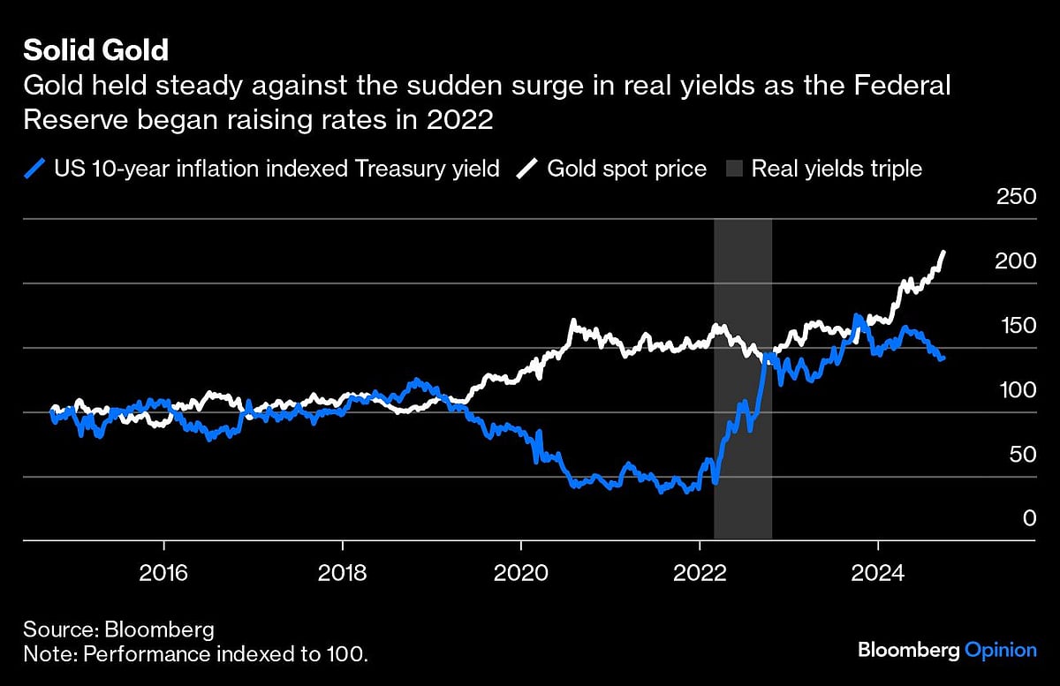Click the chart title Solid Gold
(95, 49)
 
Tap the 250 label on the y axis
(1016, 197)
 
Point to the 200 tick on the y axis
(1016, 261)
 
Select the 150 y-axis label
(1016, 326)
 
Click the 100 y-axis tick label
(1016, 390)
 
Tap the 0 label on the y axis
(1028, 518)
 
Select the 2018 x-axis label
(343, 571)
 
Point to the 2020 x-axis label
(521, 571)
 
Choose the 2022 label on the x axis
(700, 571)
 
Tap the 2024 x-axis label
(877, 571)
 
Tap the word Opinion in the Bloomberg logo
(1000, 650)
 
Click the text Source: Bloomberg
(118, 629)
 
